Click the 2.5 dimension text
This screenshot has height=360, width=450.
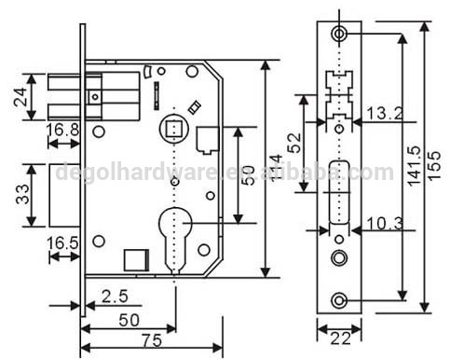coord(114,298)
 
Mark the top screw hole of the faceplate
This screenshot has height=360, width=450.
coord(337,34)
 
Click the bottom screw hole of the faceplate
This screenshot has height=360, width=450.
coord(337,298)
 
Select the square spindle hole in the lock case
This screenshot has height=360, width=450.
coord(172,126)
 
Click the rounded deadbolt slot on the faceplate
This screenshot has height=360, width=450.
coord(337,191)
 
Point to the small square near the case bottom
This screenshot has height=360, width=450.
coord(135,256)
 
